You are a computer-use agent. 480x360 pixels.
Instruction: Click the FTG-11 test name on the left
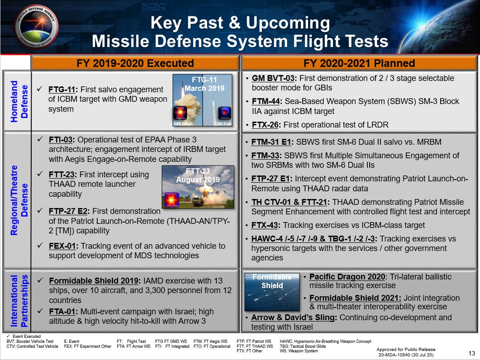pyautogui.click(x=62, y=90)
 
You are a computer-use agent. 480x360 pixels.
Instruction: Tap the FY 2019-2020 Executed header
pyautogui.click(x=135, y=63)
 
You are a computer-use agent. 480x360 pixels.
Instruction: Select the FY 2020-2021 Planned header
pyautogui.click(x=359, y=63)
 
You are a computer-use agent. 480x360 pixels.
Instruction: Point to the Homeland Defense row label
pyautogui.click(x=19, y=101)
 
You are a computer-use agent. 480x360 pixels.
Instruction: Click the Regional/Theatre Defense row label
pyautogui.click(x=19, y=200)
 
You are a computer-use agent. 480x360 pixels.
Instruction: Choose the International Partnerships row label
pyautogui.click(x=19, y=301)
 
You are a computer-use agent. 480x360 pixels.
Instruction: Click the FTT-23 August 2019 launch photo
pyautogui.click(x=198, y=187)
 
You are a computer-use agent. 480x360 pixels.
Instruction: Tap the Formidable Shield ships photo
pyautogui.click(x=272, y=292)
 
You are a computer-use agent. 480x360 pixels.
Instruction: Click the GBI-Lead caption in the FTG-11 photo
pyautogui.click(x=182, y=123)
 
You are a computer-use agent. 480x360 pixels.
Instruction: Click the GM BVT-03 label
pyautogui.click(x=273, y=78)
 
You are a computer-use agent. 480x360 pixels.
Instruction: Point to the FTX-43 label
pyautogui.click(x=265, y=225)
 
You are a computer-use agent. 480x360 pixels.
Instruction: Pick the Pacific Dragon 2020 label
pyautogui.click(x=347, y=277)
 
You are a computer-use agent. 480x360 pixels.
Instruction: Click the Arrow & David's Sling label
pyautogui.click(x=293, y=317)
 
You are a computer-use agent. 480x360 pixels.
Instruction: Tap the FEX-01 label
pyautogui.click(x=62, y=246)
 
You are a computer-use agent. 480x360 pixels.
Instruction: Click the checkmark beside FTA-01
pyautogui.click(x=40, y=311)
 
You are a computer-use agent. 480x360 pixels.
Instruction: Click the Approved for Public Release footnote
pyautogui.click(x=406, y=352)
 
